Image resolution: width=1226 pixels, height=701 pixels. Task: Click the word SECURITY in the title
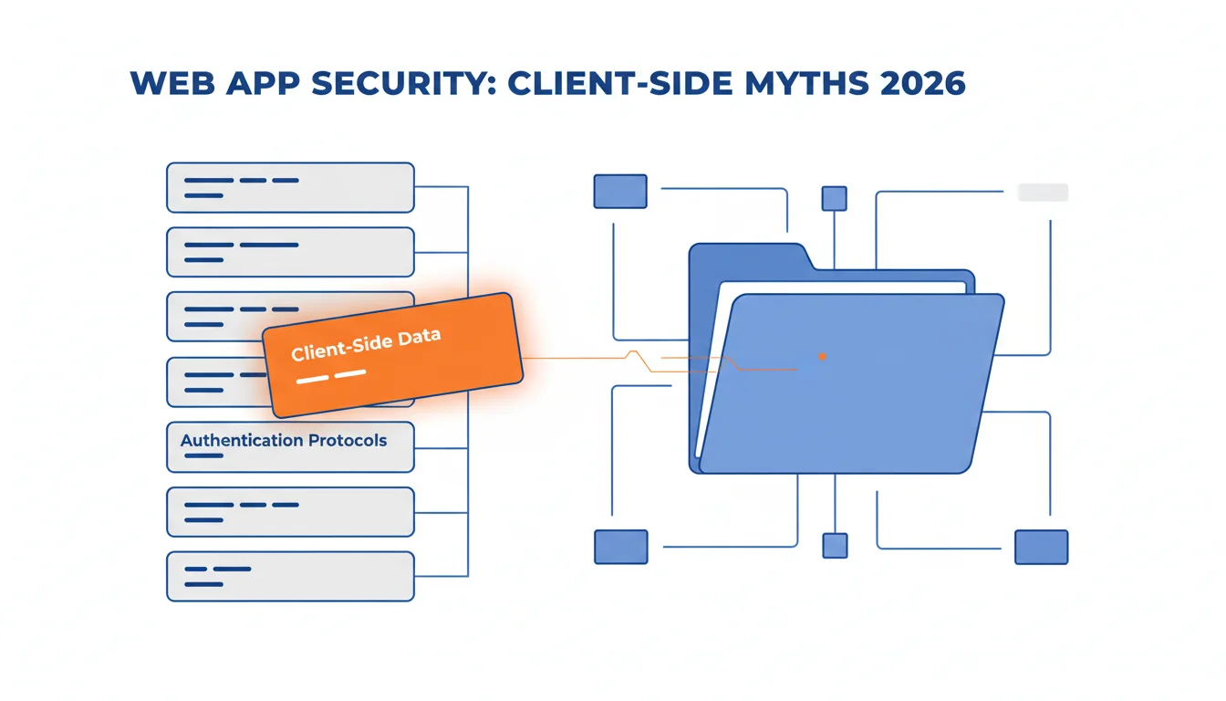point(403,83)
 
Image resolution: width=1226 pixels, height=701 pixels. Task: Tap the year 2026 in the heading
point(923,83)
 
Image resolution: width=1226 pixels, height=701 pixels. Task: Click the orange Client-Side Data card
point(392,355)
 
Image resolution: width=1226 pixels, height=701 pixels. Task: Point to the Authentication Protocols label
point(284,440)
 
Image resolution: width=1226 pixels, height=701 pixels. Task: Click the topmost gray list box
point(290,187)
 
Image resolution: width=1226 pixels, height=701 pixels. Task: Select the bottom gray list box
point(290,576)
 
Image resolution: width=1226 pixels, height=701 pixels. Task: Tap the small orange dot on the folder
point(822,357)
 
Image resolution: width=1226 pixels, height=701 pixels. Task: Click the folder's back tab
point(750,256)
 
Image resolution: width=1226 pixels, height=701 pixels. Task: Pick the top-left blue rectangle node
point(620,191)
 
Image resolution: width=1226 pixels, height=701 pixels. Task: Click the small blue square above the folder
point(834,198)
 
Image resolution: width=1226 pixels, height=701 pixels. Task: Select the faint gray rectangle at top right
point(1043,193)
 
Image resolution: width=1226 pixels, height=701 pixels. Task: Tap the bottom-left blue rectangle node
point(620,547)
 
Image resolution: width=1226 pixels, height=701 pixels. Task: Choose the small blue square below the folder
point(835,546)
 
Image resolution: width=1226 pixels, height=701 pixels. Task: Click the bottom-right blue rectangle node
point(1041,547)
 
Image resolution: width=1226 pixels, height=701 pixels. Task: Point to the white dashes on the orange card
point(331,376)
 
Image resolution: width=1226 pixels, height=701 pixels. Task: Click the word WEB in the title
point(172,83)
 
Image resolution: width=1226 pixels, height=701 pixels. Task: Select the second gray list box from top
point(290,252)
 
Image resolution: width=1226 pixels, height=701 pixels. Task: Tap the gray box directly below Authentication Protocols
point(290,511)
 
